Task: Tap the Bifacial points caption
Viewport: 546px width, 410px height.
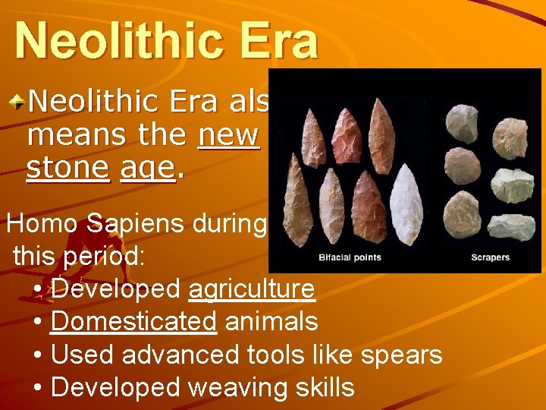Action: point(350,257)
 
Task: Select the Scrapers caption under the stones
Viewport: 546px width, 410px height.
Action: point(490,257)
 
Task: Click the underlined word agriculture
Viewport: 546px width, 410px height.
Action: point(251,289)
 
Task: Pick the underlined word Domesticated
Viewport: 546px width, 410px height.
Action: point(133,322)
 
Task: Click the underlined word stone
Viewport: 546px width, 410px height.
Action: point(67,168)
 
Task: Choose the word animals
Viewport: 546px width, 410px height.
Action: point(271,322)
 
